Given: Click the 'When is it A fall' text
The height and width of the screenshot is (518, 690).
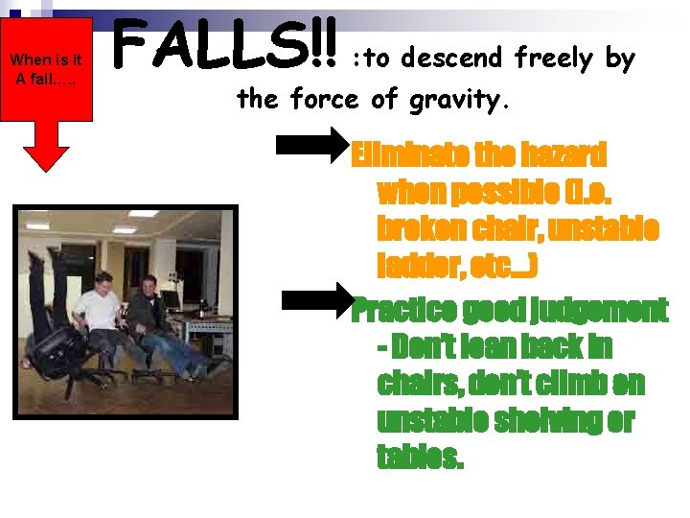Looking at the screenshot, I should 45,69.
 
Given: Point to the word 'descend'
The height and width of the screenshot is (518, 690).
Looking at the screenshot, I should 455,59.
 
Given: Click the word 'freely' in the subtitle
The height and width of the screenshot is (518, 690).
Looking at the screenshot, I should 554,59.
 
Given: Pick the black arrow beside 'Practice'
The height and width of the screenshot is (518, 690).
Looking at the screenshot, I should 318,300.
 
